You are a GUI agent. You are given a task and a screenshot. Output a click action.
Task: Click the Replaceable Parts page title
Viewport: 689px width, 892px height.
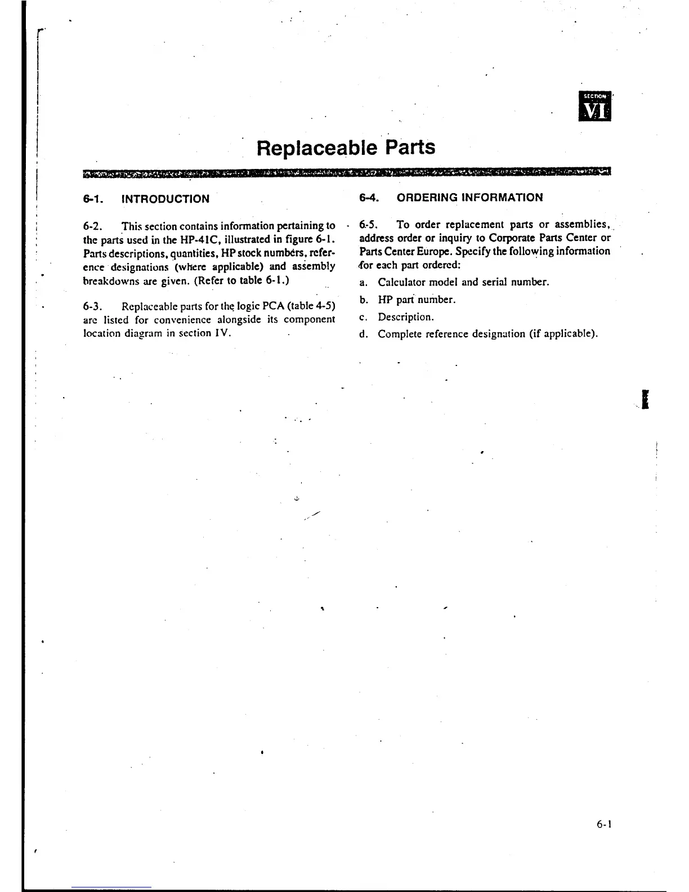tap(345, 148)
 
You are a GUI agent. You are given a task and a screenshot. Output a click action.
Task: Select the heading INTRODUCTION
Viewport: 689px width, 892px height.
tap(165, 199)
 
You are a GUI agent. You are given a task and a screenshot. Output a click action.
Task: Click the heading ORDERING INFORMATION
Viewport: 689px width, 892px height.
tap(469, 197)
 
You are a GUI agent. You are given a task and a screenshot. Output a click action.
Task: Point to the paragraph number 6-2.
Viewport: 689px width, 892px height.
tap(92, 226)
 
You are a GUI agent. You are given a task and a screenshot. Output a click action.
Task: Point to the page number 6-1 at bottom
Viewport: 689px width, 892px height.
tap(604, 824)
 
